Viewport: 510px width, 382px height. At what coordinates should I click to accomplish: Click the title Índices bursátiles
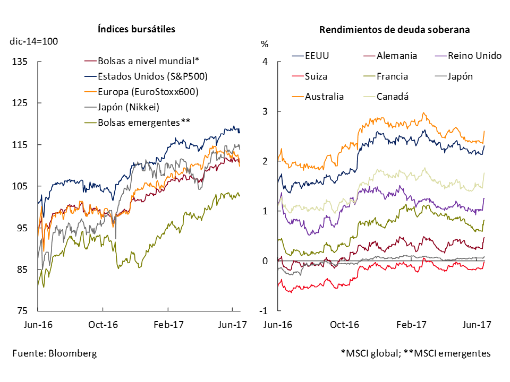coord(137,30)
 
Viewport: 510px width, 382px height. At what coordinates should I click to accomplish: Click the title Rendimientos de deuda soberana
coord(394,30)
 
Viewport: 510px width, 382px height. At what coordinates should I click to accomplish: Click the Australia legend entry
coord(324,97)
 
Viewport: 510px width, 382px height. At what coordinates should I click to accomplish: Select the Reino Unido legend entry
coord(475,55)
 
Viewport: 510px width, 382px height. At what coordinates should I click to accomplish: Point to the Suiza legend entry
coord(317,76)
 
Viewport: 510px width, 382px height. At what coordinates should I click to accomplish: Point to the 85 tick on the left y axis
coord(23,270)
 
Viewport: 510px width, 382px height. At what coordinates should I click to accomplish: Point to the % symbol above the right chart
coord(265,44)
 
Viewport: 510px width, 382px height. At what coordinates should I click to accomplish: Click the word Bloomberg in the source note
coord(75,353)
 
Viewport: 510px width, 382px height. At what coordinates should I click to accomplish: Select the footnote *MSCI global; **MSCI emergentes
coord(415,353)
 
